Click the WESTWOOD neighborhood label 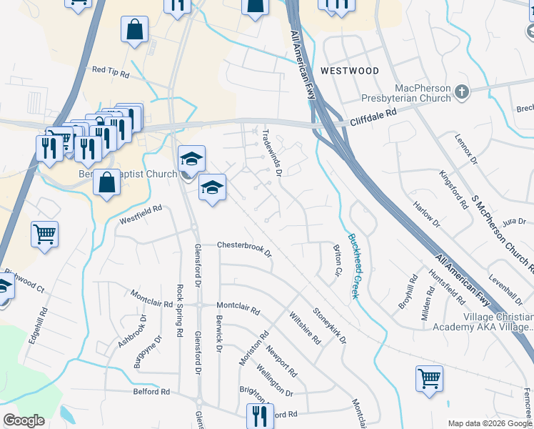click(349, 71)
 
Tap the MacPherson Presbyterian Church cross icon click(462, 92)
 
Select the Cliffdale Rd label click(373, 117)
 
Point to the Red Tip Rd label click(111, 72)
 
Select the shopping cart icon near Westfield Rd click(45, 233)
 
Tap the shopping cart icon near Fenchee click(429, 378)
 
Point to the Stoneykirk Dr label click(328, 325)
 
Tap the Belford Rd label click(151, 392)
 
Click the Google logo click(24, 420)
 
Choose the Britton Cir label click(337, 261)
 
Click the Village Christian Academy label click(483, 321)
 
